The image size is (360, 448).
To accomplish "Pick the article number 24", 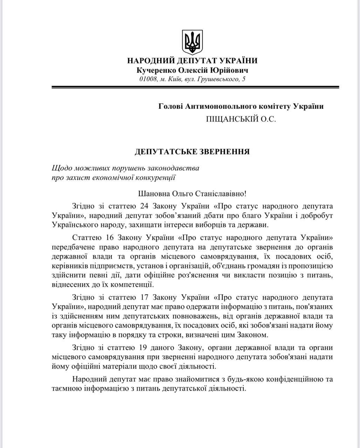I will pos(145,205).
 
